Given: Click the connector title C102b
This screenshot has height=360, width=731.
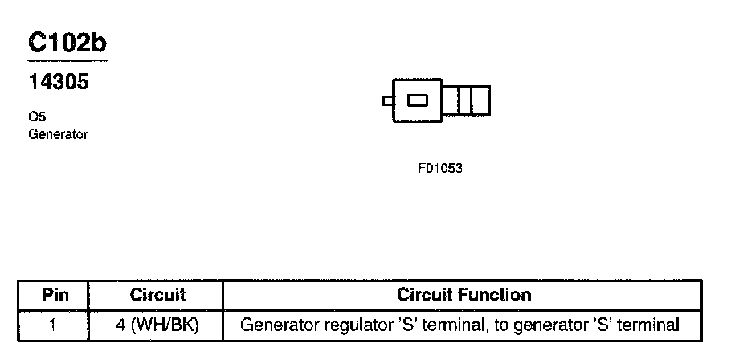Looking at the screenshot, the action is pyautogui.click(x=67, y=43).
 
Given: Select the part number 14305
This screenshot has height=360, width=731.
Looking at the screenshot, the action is pyautogui.click(x=59, y=82).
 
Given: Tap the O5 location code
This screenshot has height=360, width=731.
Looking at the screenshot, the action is pyautogui.click(x=37, y=117).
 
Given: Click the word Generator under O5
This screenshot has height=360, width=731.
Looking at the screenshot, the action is pyautogui.click(x=58, y=134).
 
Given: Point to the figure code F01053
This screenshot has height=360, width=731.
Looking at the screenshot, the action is pyautogui.click(x=440, y=170).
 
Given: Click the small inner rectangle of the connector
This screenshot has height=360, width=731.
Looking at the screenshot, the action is pyautogui.click(x=418, y=100).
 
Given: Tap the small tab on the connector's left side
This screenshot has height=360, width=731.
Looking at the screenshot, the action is pyautogui.click(x=386, y=100).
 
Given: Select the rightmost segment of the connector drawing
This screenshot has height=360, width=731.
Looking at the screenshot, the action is pyautogui.click(x=480, y=100).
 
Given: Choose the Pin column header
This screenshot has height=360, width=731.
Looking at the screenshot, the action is pyautogui.click(x=53, y=295).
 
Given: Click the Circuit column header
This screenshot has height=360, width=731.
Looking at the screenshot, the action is pyautogui.click(x=157, y=295).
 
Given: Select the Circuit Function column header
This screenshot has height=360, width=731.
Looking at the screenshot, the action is pyautogui.click(x=464, y=295).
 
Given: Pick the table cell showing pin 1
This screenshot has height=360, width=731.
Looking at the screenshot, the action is pyautogui.click(x=53, y=325).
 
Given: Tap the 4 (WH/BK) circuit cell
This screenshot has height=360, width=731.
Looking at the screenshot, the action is pyautogui.click(x=157, y=325).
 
